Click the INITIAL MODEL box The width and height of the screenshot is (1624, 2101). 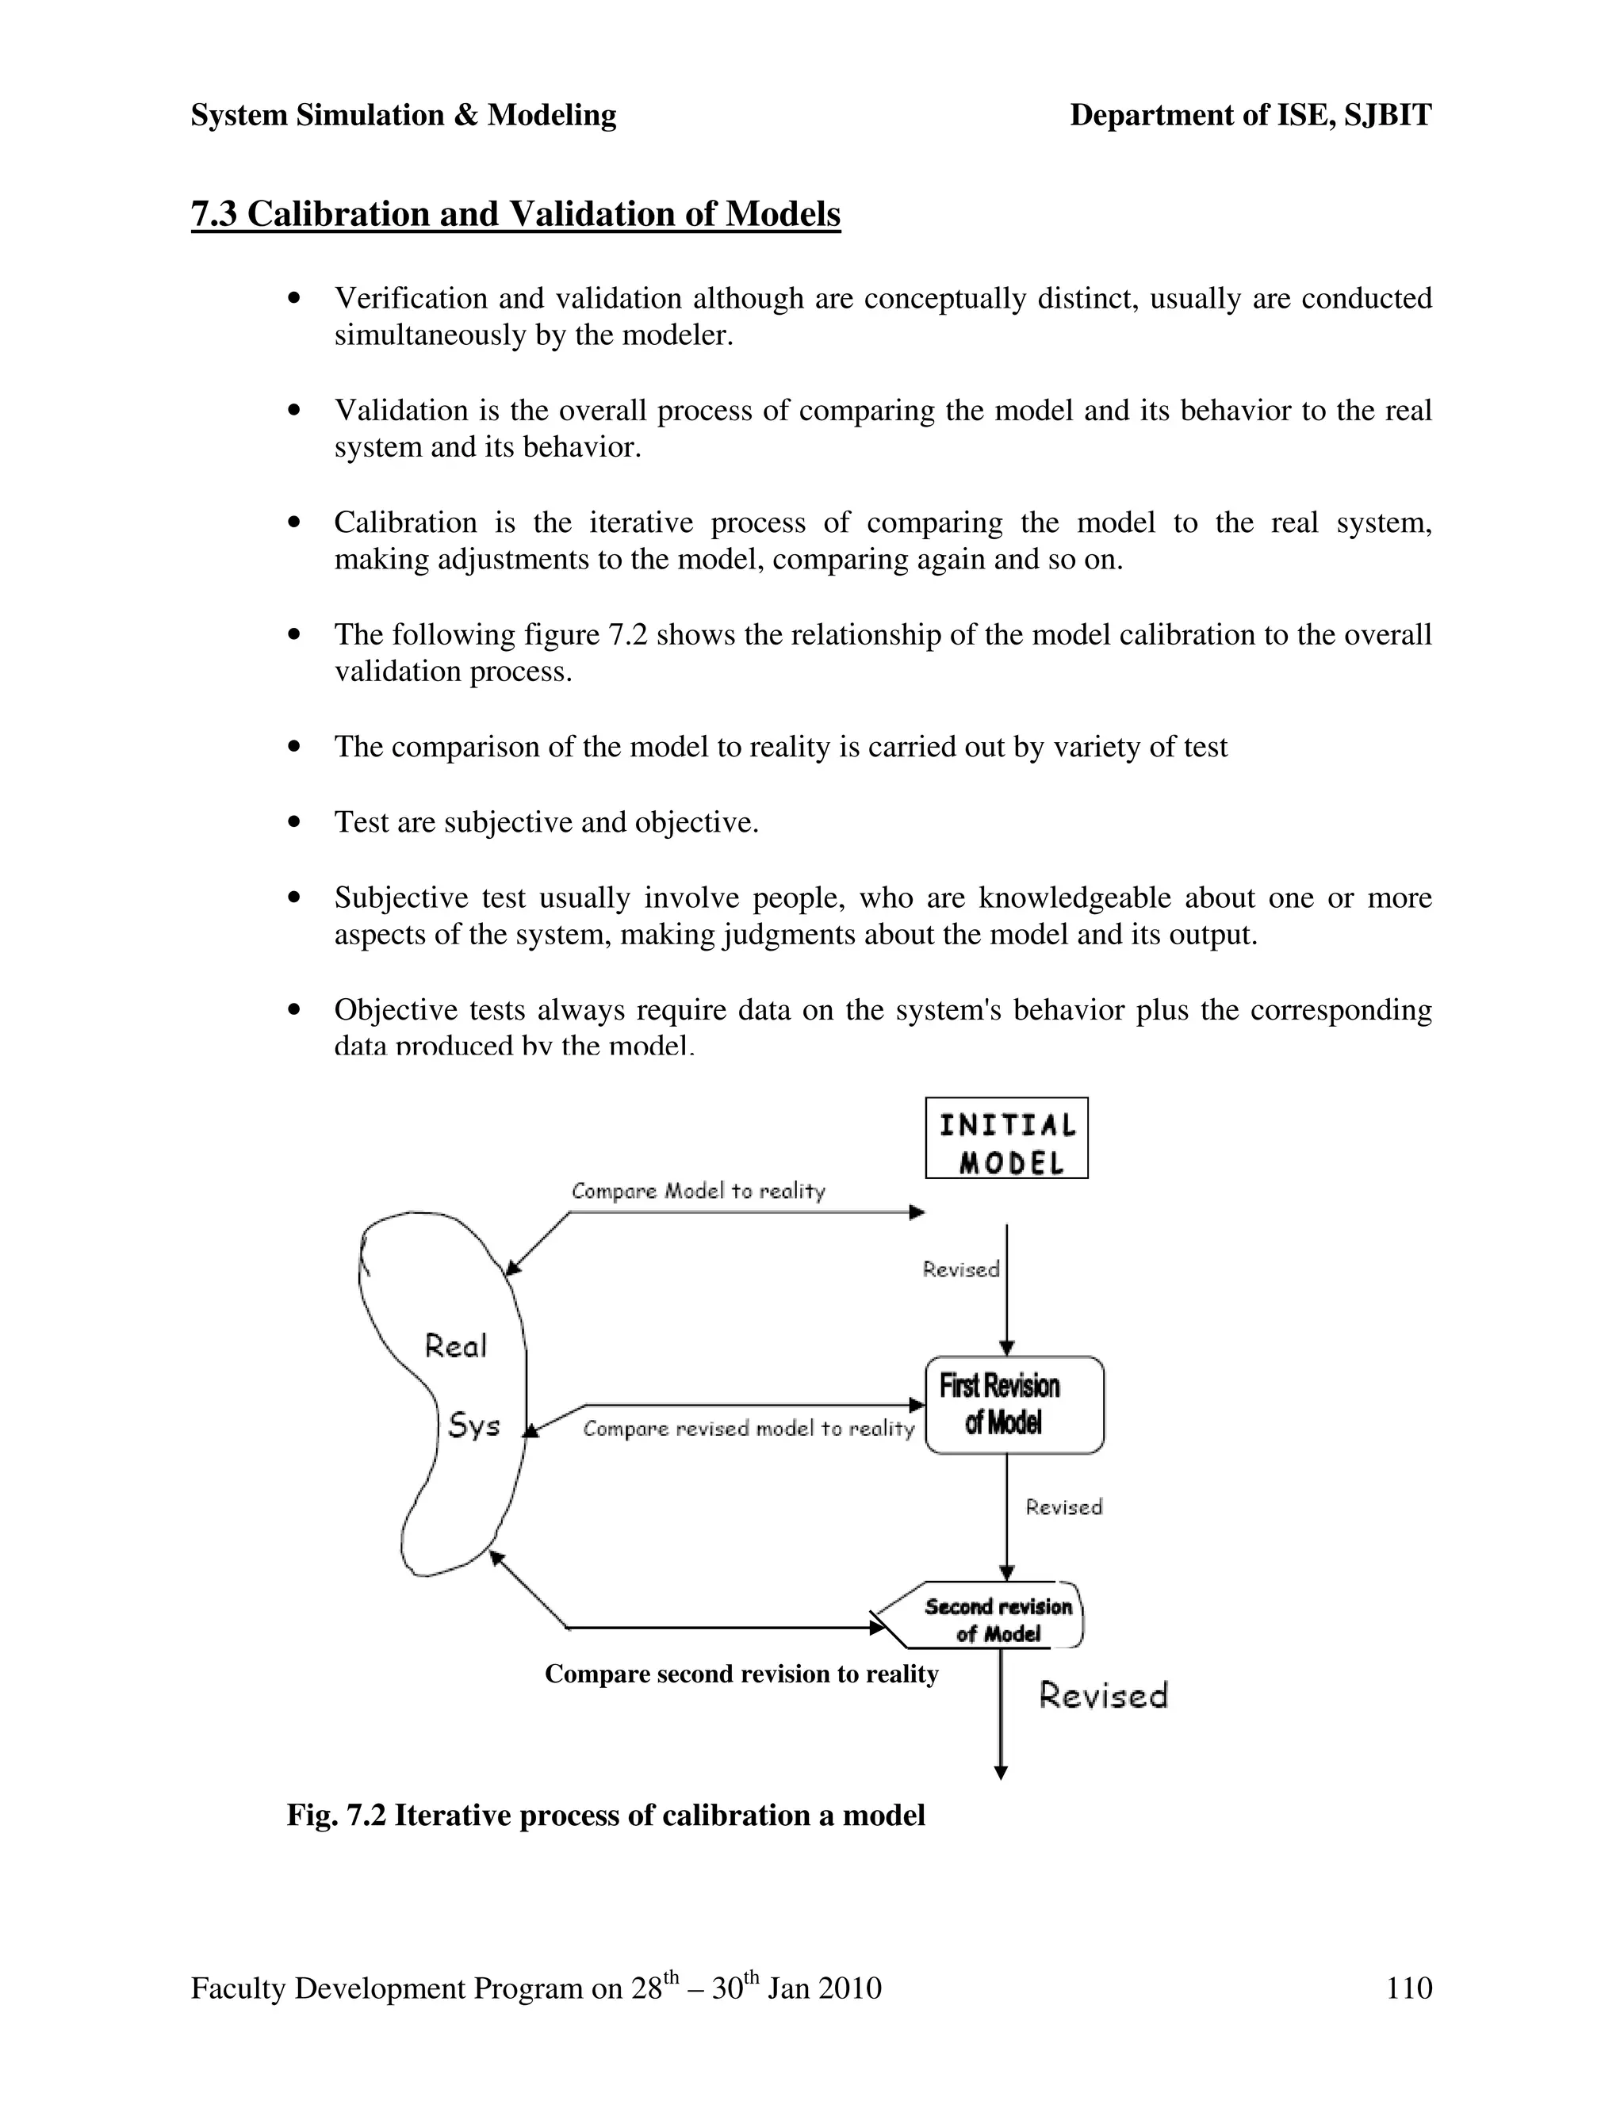pos(1006,1137)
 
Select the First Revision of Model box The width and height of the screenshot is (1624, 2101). pos(1013,1405)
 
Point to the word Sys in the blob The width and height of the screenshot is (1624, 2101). pos(474,1425)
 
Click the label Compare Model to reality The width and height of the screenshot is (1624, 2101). pos(699,1191)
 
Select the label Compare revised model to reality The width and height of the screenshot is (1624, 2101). pos(749,1429)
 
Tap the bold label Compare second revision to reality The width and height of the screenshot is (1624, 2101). pos(741,1674)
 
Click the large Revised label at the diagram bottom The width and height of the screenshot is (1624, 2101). pos(1102,1695)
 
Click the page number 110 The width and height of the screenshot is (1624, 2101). pos(1408,1988)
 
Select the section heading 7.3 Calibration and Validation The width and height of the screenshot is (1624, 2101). pos(515,213)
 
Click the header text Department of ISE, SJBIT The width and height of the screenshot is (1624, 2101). pos(1251,116)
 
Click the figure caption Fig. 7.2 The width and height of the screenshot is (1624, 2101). pos(606,1816)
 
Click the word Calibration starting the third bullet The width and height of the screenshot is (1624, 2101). pos(405,522)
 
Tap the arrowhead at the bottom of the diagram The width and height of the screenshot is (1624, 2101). pos(1001,1772)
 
